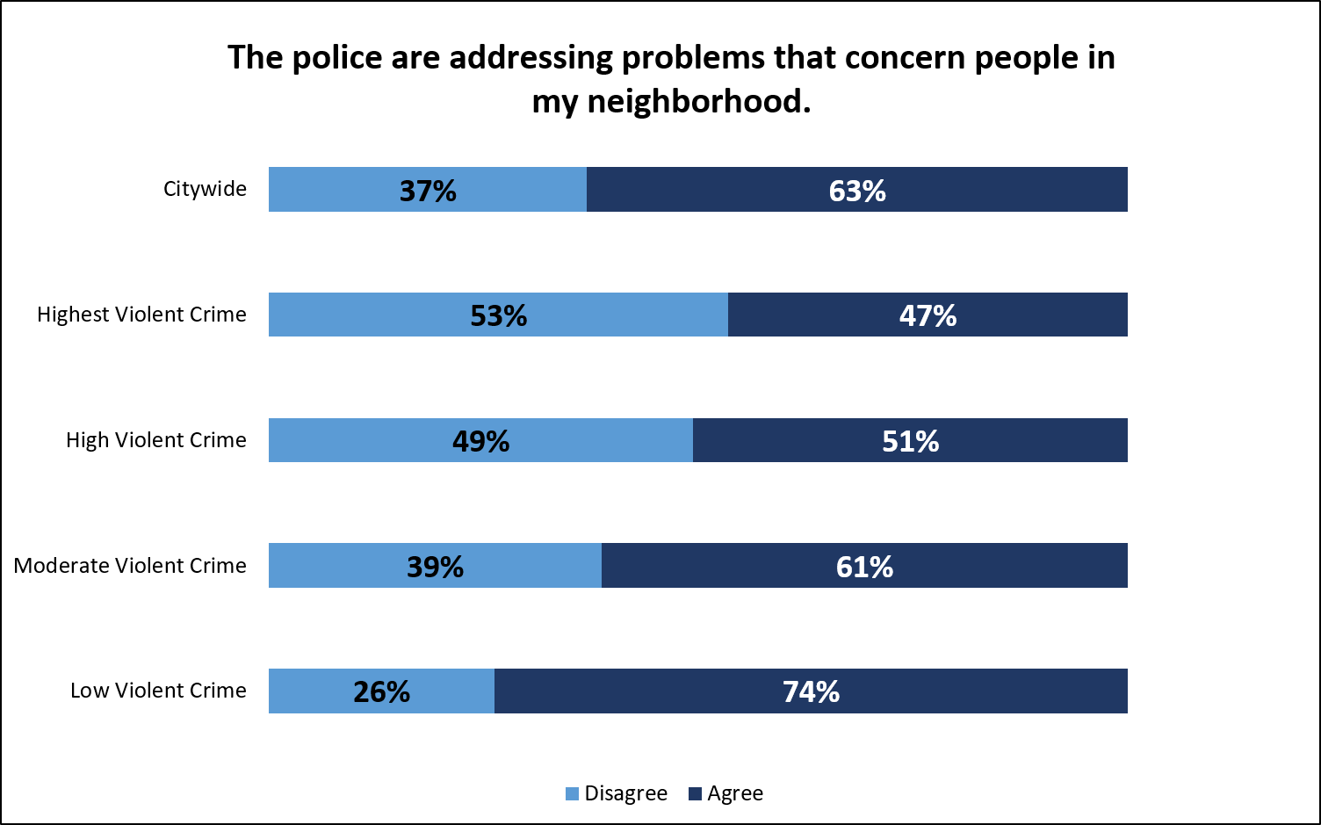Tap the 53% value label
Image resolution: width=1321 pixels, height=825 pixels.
[x=499, y=315]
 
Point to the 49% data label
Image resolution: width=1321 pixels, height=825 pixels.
[x=480, y=441]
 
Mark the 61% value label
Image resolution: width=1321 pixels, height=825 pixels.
[x=864, y=567]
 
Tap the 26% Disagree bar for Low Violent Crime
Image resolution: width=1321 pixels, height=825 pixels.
[x=307, y=691]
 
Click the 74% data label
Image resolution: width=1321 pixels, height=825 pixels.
[x=811, y=691]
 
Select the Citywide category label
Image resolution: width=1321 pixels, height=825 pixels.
[x=205, y=190]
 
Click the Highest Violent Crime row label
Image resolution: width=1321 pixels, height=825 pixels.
[x=141, y=315]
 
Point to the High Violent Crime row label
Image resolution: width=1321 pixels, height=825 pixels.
[x=155, y=440]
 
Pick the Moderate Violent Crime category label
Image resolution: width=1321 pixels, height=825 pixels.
[x=130, y=566]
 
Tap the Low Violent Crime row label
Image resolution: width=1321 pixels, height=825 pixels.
[x=158, y=691]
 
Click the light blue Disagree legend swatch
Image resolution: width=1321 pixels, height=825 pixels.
[x=573, y=794]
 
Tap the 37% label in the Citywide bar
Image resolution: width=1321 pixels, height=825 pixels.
[x=428, y=191]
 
